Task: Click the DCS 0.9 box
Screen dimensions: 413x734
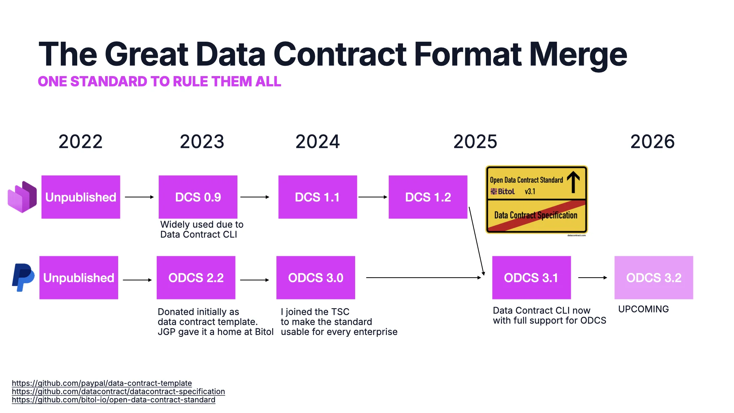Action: tap(198, 197)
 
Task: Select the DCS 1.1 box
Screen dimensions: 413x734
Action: tap(317, 197)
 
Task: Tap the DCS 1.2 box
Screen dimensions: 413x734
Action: tap(428, 197)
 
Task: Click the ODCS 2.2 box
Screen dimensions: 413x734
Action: tap(196, 278)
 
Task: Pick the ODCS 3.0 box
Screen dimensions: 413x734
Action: tap(315, 278)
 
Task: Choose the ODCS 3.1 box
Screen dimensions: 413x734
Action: tap(531, 278)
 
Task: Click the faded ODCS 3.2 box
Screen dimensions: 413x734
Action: tap(654, 278)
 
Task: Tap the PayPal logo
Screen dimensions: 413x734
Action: tap(23, 277)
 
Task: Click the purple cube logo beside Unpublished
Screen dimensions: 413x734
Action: tap(22, 197)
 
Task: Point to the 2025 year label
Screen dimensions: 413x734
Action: tap(475, 142)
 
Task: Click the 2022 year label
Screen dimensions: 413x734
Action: tap(80, 142)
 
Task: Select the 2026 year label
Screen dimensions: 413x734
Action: tap(652, 142)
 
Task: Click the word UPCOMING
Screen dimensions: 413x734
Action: tap(643, 309)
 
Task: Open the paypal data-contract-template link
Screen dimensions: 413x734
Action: tap(102, 383)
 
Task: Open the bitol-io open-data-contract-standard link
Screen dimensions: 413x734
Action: tap(114, 400)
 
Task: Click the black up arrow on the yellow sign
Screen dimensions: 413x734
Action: tap(573, 182)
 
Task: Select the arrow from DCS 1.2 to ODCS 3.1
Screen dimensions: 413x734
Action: tap(476, 241)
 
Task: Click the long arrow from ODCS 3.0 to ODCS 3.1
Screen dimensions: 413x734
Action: tap(422, 278)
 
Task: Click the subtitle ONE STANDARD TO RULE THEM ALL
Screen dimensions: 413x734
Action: tap(159, 81)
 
